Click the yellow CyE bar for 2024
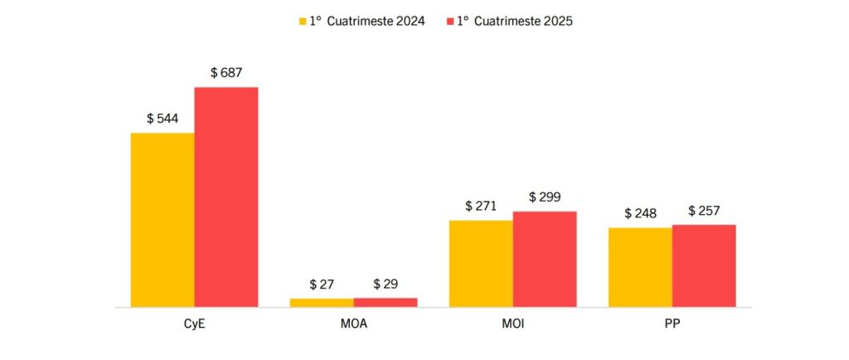(x=163, y=220)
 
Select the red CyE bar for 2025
(x=226, y=197)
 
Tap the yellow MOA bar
(x=322, y=303)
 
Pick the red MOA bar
(x=386, y=302)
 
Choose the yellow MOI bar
(x=481, y=264)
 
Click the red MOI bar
(x=545, y=259)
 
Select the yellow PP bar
(x=640, y=267)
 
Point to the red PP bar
(x=704, y=265)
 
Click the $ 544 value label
(x=163, y=119)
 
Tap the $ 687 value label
(x=226, y=73)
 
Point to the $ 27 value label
(x=322, y=285)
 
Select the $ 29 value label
(x=386, y=284)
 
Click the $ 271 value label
(x=481, y=206)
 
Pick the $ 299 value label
(x=545, y=197)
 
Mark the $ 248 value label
(x=640, y=213)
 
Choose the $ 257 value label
(x=704, y=211)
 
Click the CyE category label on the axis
(x=195, y=324)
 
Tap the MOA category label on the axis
(x=353, y=324)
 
